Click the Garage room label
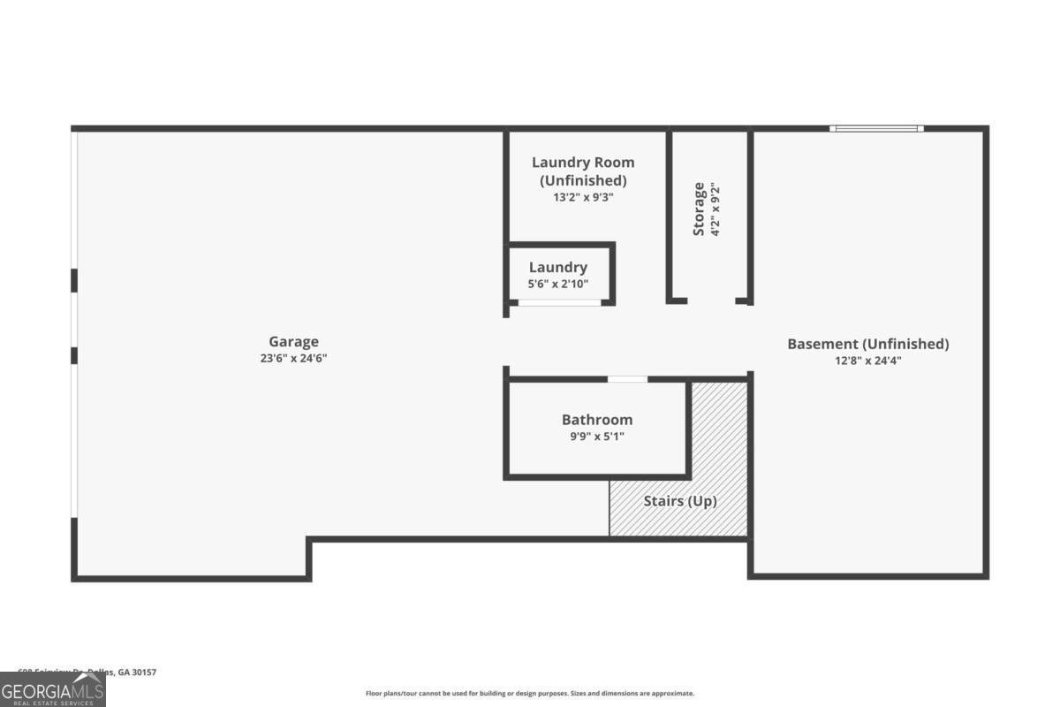(293, 342)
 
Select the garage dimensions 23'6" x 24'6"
(293, 359)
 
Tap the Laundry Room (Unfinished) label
(583, 171)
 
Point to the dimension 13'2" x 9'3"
(583, 198)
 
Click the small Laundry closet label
(558, 268)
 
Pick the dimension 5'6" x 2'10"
(558, 284)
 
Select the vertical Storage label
(700, 209)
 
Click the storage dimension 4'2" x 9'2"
(716, 209)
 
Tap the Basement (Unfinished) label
(867, 344)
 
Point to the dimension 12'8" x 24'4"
(867, 361)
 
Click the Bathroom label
(597, 420)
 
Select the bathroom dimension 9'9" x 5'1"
(597, 437)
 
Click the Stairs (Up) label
(679, 501)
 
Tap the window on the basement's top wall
(876, 129)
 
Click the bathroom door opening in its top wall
(627, 379)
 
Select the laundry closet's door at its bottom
(559, 303)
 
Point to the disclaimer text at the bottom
(530, 694)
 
